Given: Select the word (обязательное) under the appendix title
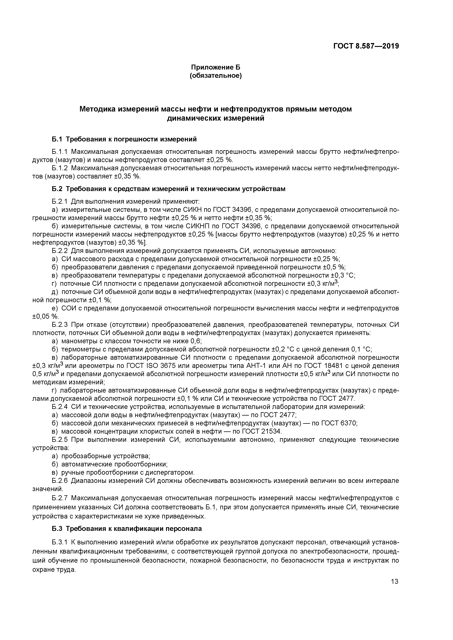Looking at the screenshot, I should point(215,76).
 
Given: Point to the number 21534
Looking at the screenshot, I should point(272,431).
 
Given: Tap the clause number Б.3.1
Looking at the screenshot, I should point(60,542).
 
